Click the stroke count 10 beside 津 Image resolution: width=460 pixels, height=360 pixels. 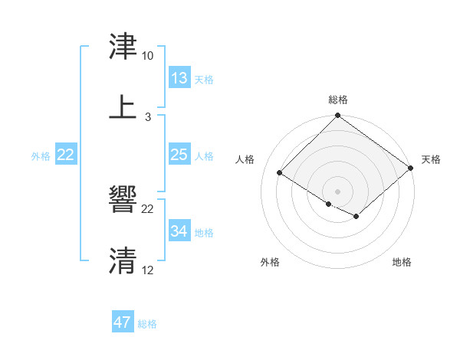[x=147, y=56]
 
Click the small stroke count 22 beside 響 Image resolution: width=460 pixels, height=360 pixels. [x=148, y=209]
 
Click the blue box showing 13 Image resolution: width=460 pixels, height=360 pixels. [x=179, y=78]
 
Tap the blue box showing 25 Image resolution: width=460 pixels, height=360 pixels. [x=179, y=155]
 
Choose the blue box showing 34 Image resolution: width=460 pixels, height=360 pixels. [x=179, y=231]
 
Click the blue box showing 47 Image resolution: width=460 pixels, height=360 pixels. [x=123, y=322]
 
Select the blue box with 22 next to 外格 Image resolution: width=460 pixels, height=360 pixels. [x=66, y=155]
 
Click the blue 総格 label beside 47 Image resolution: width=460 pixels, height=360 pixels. [x=147, y=324]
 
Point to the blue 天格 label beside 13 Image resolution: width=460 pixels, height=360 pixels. [x=204, y=80]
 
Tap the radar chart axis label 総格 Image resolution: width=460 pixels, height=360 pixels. [x=338, y=100]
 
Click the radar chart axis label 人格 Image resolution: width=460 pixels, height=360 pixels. [x=246, y=159]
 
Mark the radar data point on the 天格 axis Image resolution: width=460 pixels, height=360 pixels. [x=410, y=169]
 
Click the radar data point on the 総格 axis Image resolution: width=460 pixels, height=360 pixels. [x=338, y=116]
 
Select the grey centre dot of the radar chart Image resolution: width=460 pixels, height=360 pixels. [x=338, y=191]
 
